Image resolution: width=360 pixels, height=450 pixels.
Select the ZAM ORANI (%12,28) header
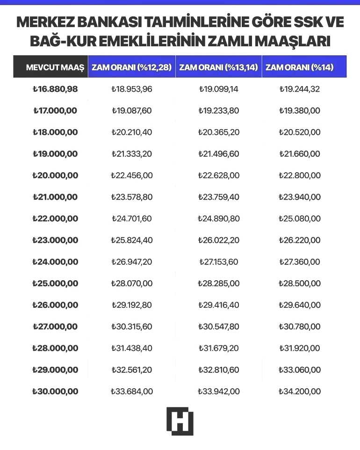[131, 67]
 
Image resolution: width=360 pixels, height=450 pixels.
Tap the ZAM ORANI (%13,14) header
[218, 67]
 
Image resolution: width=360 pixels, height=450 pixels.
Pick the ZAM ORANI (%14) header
[299, 67]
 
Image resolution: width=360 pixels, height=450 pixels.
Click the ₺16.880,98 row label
[55, 89]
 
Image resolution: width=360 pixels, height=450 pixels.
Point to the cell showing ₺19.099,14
[218, 89]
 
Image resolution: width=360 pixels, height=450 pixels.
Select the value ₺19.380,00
[299, 111]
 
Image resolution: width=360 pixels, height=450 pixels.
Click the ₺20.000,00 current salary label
[55, 175]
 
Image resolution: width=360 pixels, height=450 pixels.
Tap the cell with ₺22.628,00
[218, 175]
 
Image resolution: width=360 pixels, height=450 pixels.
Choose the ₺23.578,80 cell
[131, 197]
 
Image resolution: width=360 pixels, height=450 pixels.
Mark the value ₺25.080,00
[299, 218]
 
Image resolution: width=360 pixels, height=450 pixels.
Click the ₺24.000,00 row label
[55, 261]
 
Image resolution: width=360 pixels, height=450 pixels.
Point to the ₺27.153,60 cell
[218, 261]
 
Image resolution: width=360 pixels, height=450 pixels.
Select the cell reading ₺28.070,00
[131, 283]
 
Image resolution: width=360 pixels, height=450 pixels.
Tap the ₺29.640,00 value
[299, 305]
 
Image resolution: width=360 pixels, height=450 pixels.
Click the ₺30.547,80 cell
[218, 327]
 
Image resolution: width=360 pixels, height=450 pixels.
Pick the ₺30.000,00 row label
[55, 391]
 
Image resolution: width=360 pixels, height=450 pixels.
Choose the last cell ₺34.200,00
[299, 391]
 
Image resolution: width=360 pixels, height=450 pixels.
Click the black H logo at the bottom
[180, 421]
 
